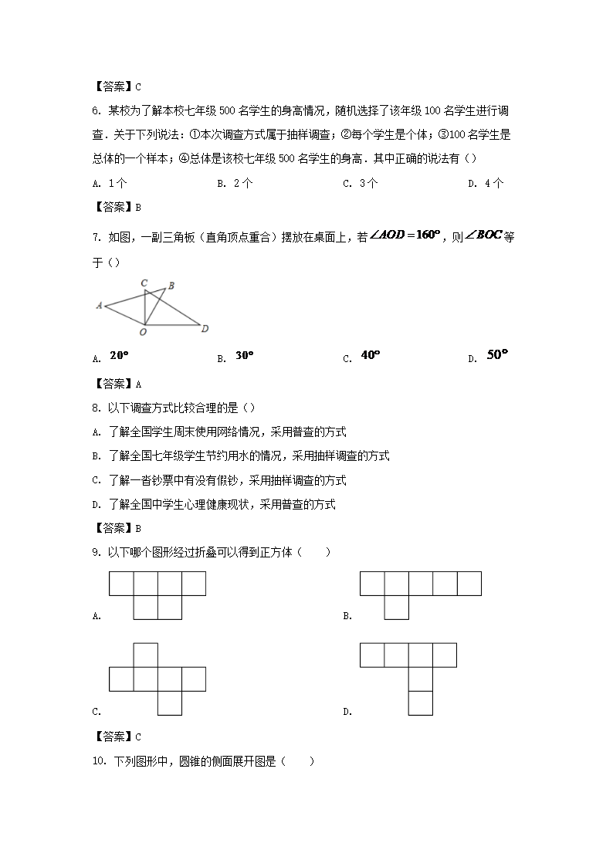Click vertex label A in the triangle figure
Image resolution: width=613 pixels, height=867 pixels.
(x=100, y=306)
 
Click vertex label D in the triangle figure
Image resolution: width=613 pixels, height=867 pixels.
(x=205, y=330)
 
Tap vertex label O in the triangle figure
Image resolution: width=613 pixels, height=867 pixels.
(x=143, y=332)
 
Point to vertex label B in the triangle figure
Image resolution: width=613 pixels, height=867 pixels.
(x=171, y=286)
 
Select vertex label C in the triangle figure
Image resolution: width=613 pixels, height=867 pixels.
(x=144, y=283)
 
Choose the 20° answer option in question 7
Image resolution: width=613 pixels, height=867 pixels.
(x=119, y=356)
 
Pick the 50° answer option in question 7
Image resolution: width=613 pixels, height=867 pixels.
(x=499, y=355)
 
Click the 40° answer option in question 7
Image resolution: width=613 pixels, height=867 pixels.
(x=371, y=355)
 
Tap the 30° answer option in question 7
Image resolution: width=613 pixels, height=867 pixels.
(x=245, y=356)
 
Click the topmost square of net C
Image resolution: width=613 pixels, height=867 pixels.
(x=145, y=655)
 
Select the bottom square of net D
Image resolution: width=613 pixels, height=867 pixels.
(x=420, y=703)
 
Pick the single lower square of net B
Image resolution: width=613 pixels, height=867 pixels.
(x=396, y=608)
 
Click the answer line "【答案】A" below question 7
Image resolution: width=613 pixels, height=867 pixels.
(x=117, y=383)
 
